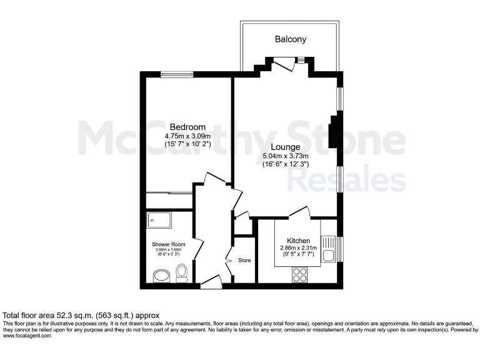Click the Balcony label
291,39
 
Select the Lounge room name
285,147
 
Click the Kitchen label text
298,240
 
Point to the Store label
244,260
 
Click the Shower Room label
168,244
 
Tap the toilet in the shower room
182,272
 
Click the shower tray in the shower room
156,219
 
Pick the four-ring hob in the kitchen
299,273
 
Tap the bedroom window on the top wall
177,74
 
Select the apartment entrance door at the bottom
211,282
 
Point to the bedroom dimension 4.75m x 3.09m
187,136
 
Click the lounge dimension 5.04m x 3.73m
286,156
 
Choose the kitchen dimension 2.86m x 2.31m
299,248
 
